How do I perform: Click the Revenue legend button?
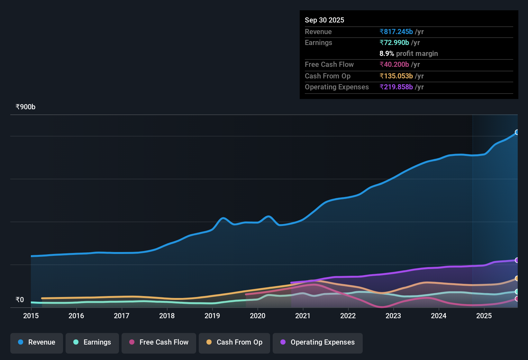37,342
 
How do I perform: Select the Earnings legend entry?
92,342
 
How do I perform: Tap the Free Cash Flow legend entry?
159,342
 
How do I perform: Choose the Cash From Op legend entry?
234,342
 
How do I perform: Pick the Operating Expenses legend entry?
318,342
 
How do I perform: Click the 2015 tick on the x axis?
31,316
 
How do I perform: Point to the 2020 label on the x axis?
258,316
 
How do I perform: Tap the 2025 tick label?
484,316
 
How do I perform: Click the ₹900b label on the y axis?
25,107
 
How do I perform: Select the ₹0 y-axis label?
20,300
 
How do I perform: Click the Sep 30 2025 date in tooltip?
324,20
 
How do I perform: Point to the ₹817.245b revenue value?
396,32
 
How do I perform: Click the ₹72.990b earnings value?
394,42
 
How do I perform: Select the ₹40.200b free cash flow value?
394,64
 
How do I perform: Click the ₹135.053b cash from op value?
396,76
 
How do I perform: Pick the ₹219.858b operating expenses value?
396,87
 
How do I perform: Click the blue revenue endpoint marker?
517,132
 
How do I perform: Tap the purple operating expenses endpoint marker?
517,260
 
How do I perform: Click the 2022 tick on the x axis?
348,316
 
